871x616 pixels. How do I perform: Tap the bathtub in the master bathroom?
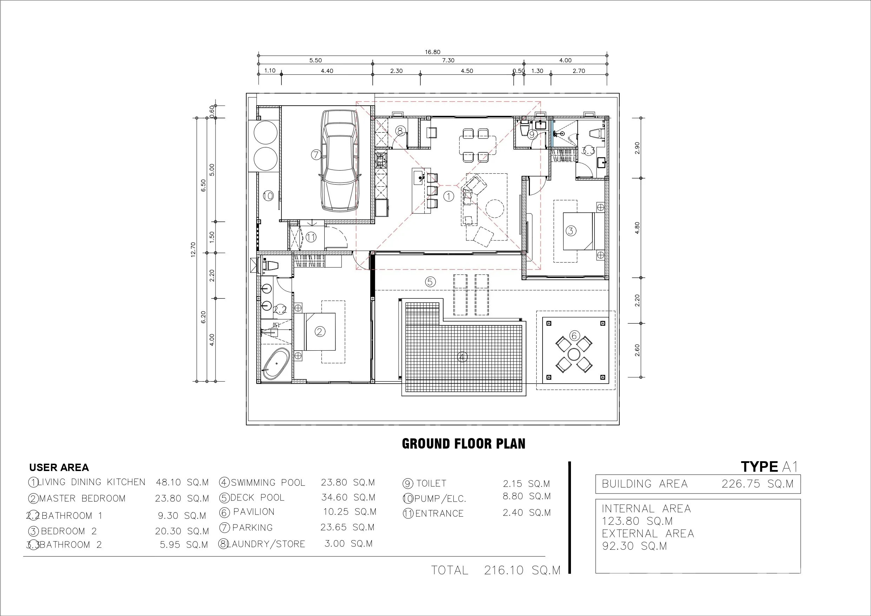tap(276, 364)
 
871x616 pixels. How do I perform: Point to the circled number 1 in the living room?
tap(448, 196)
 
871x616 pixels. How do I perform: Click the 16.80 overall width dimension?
tap(432, 52)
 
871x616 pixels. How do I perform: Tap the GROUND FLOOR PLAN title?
tap(464, 444)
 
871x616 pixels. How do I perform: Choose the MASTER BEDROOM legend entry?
tap(82, 498)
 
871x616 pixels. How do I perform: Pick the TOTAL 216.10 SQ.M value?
tap(496, 570)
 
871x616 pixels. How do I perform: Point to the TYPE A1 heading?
tap(770, 467)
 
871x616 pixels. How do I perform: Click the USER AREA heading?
tap(59, 468)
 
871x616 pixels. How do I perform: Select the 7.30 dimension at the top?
tap(448, 60)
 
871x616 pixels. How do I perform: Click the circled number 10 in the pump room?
tap(268, 196)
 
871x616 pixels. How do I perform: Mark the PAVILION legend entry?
tap(254, 512)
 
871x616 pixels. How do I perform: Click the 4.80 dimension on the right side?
tap(637, 228)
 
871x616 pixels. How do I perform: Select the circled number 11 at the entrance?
tap(311, 238)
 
